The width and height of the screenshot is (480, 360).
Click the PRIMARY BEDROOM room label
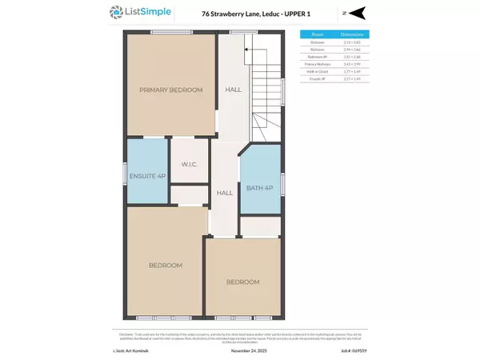[170, 90]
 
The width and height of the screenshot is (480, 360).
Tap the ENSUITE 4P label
[146, 177]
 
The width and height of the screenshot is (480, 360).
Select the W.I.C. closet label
[189, 165]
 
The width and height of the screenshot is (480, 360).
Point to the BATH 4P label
[260, 188]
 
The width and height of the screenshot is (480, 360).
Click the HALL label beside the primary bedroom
[233, 90]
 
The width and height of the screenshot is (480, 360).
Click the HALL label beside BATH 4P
[225, 193]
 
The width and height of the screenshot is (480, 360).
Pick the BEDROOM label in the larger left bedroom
[166, 265]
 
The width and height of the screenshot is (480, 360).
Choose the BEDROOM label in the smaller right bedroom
[242, 282]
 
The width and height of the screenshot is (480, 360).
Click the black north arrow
[358, 12]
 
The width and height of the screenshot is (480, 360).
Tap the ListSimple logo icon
[117, 13]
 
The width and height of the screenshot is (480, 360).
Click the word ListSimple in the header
[147, 13]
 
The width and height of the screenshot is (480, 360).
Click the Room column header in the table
[317, 35]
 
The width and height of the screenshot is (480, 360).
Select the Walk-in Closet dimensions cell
[352, 71]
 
